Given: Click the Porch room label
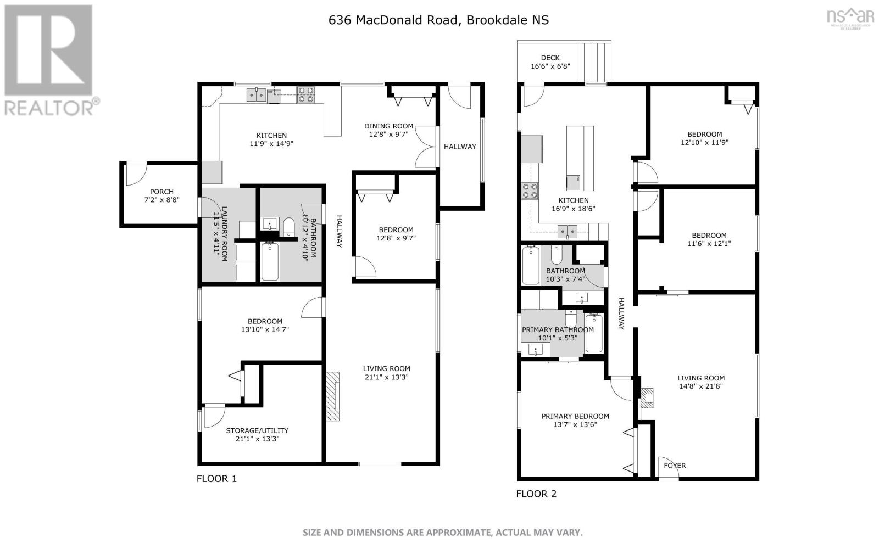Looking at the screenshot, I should (162, 192).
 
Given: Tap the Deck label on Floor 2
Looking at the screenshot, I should (550, 58).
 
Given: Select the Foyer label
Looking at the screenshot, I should (675, 466).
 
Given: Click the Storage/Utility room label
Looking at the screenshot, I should (257, 430).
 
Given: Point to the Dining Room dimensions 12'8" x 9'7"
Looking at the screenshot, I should (388, 135).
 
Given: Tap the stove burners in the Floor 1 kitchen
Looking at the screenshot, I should (306, 95).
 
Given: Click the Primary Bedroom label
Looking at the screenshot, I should (575, 416).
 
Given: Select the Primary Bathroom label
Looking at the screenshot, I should (558, 330).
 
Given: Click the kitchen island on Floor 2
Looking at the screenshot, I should (580, 158).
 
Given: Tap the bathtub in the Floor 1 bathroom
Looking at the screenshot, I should (269, 262).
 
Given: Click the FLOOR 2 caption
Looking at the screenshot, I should (536, 494).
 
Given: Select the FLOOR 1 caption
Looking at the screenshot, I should (216, 479).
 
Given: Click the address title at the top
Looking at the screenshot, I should (438, 20).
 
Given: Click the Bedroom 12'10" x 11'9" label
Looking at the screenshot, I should (705, 134).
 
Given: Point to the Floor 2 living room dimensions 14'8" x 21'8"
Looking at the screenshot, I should (701, 386).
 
